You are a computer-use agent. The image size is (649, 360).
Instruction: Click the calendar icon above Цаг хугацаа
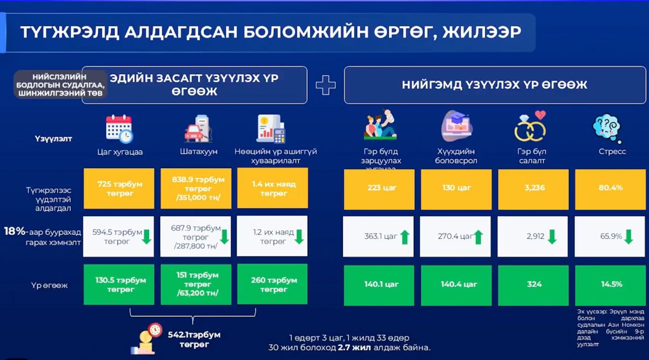(119, 129)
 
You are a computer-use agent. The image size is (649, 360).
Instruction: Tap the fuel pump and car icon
(198, 129)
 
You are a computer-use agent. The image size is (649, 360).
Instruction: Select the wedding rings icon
(531, 127)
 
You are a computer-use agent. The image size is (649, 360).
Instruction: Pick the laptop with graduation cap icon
(456, 126)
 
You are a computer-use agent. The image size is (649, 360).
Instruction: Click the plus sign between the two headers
(326, 85)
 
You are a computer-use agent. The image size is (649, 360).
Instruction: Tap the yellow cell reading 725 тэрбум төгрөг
(119, 189)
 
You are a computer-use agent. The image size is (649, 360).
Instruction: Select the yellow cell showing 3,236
(533, 188)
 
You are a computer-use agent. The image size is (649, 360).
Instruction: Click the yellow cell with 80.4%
(610, 188)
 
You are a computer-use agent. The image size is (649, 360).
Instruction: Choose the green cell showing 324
(533, 284)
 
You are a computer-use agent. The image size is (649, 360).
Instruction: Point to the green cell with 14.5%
(611, 284)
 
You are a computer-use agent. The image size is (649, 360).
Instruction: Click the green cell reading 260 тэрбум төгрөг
(273, 284)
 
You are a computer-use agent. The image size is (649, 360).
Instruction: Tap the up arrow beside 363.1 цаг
(405, 237)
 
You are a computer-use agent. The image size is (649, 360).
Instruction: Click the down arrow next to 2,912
(552, 237)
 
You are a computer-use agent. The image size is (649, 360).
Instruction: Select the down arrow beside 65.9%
(629, 237)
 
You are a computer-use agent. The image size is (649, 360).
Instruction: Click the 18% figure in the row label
(15, 231)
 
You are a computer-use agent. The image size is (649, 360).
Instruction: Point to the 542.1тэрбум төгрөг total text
(194, 339)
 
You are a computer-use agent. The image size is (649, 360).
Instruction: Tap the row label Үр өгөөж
(49, 285)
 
